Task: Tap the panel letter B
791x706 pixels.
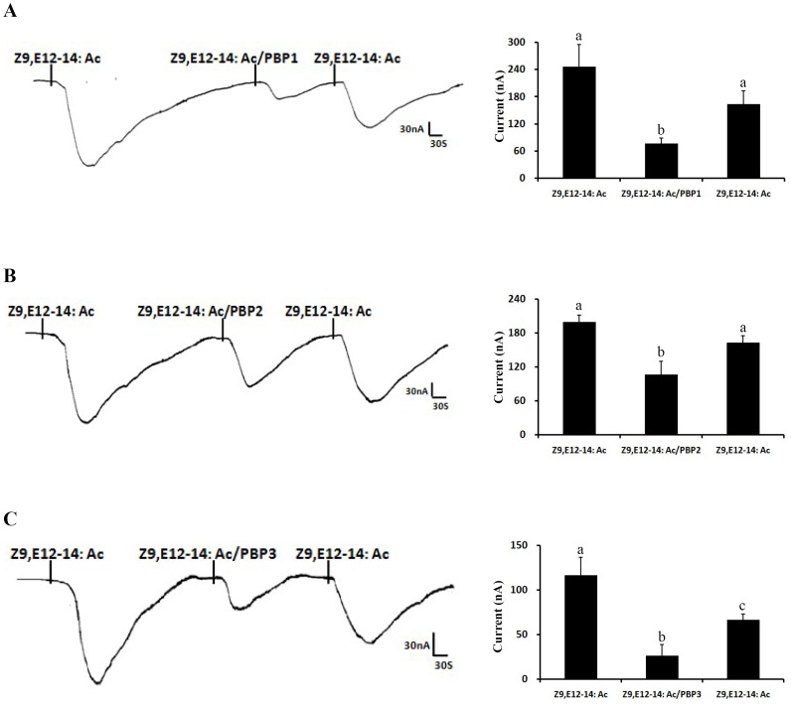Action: (9, 275)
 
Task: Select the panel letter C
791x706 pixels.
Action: (9, 517)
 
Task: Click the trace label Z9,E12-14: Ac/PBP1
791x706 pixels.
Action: (231, 59)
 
